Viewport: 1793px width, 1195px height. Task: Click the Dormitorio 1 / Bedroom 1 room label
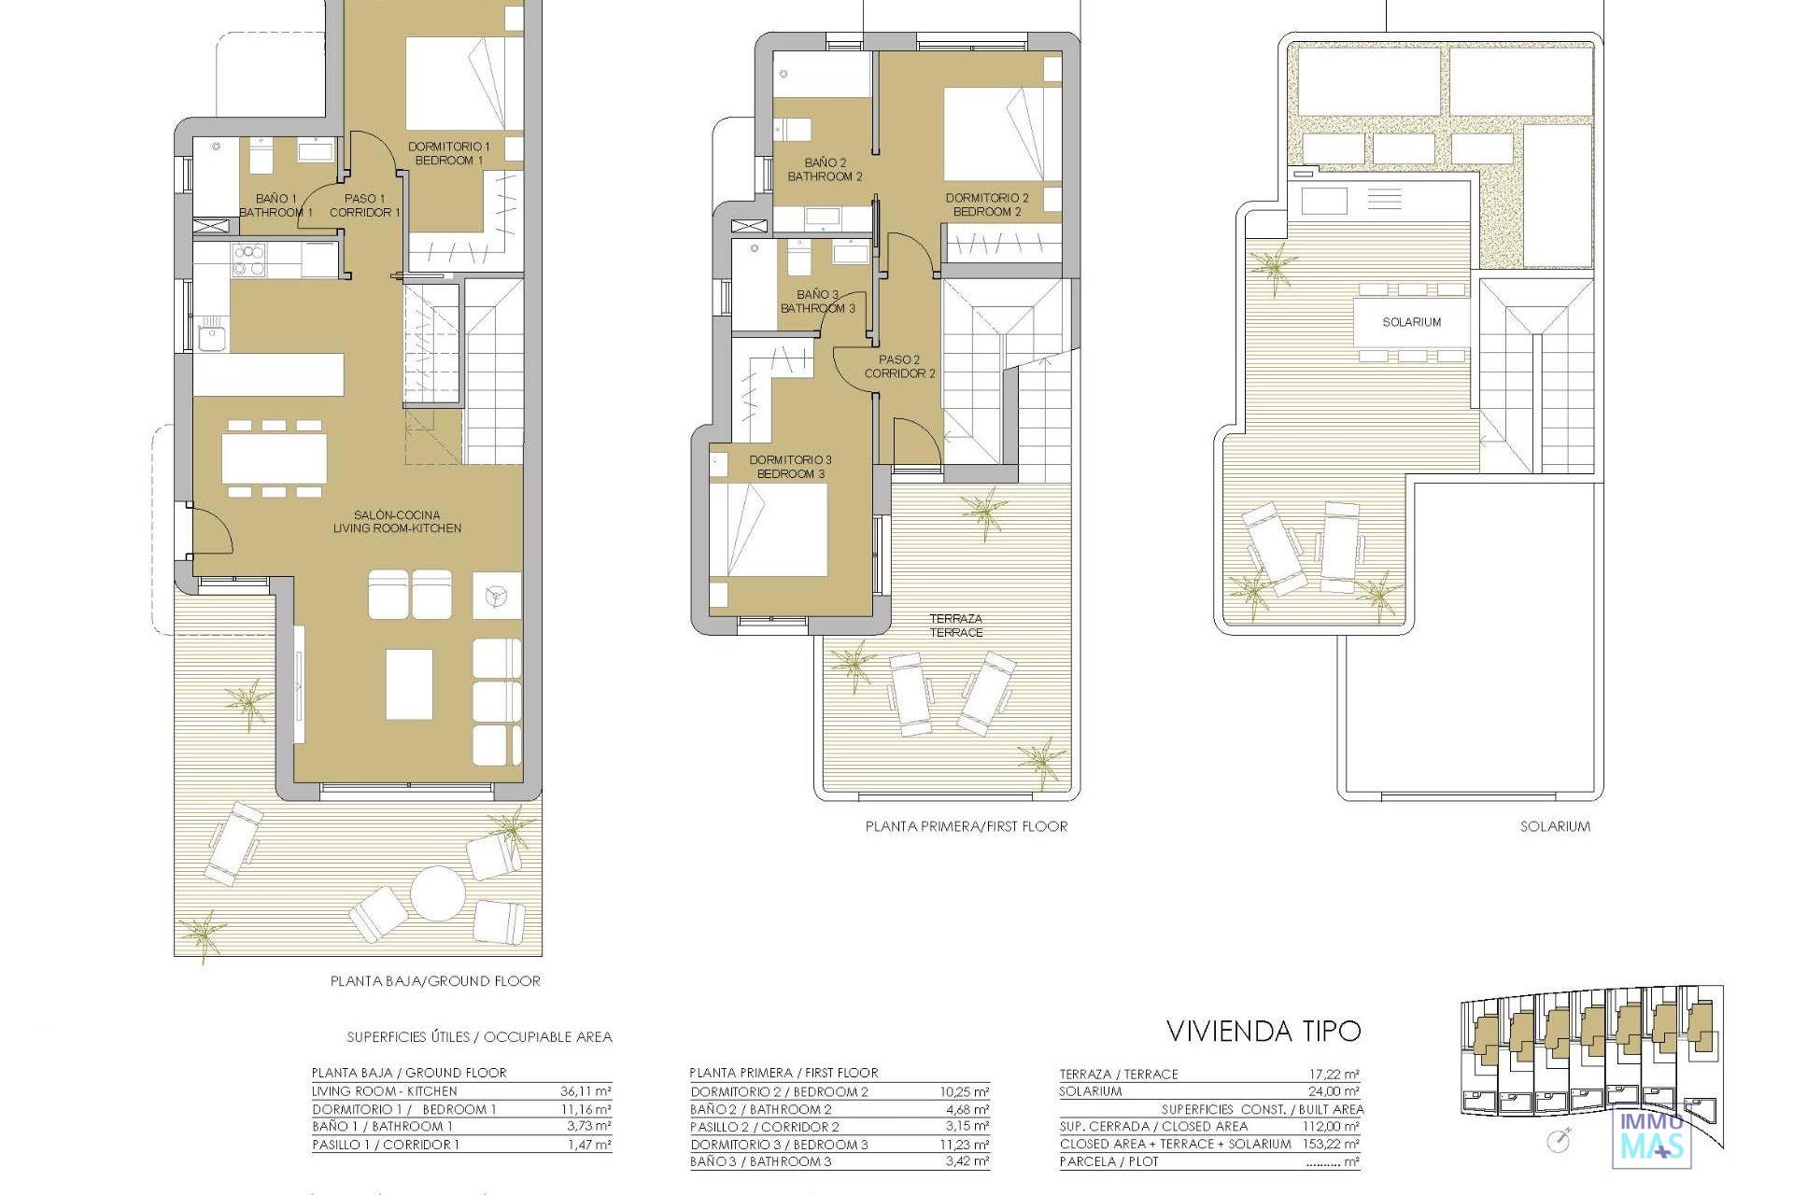[449, 153]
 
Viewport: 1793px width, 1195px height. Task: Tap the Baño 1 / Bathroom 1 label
[276, 205]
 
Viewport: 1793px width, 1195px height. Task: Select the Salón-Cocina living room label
[397, 521]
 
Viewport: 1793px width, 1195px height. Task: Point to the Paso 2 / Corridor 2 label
[899, 366]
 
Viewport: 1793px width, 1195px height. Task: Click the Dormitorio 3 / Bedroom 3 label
[790, 467]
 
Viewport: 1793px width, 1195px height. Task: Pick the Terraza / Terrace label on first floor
[956, 626]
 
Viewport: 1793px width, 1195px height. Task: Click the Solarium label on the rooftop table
[1411, 322]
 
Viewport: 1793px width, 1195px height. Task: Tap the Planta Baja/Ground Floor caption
[435, 981]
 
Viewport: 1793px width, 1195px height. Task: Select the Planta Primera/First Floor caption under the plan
[967, 826]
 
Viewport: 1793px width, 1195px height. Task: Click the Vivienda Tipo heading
[1264, 1031]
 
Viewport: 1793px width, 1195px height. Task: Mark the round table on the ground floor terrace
[437, 893]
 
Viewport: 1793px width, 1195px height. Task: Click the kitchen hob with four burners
[249, 260]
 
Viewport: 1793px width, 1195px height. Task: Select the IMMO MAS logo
[1652, 1133]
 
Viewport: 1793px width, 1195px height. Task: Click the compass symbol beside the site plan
[1558, 1140]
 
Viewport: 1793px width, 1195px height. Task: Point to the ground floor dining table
[274, 459]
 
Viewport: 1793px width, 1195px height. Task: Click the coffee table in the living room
[409, 684]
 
